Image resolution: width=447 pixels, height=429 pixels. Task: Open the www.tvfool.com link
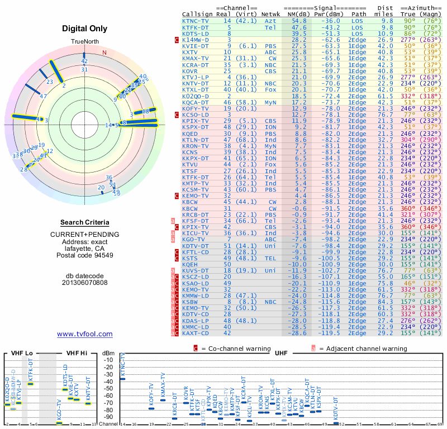pos(84,334)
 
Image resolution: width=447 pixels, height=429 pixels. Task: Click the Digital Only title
pos(84,28)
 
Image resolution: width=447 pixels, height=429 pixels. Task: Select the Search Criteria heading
pos(85,222)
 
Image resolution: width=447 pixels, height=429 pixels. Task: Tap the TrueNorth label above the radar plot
pos(84,42)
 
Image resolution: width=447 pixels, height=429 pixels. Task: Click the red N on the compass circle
pos(104,53)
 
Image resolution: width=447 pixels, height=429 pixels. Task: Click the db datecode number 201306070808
pos(84,283)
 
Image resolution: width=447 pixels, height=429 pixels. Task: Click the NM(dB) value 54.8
pos(298,20)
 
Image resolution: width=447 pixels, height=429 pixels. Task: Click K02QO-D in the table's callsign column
pos(196,97)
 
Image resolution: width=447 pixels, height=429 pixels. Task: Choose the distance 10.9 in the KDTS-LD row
pos(387,33)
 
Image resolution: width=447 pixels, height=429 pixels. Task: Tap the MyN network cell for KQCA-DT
pos(270,103)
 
